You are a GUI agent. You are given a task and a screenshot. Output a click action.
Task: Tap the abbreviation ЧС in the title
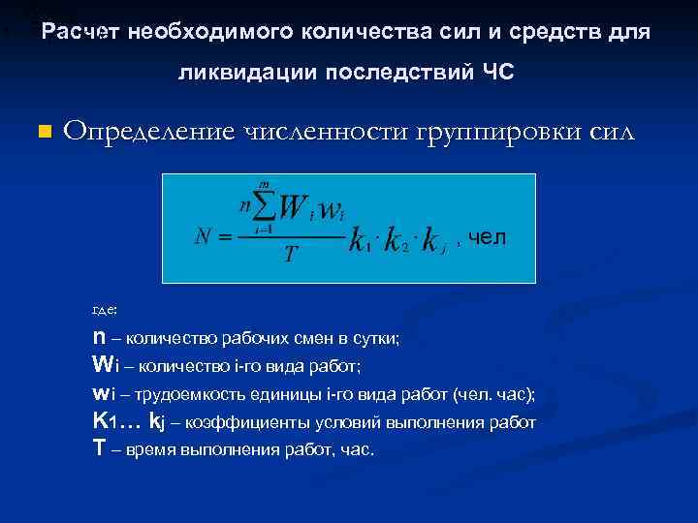(500, 73)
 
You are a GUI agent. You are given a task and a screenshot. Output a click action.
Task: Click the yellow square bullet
(43, 131)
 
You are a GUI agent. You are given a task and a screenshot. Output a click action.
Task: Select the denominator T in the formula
(289, 254)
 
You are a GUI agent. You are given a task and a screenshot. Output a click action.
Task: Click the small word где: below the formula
(104, 309)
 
